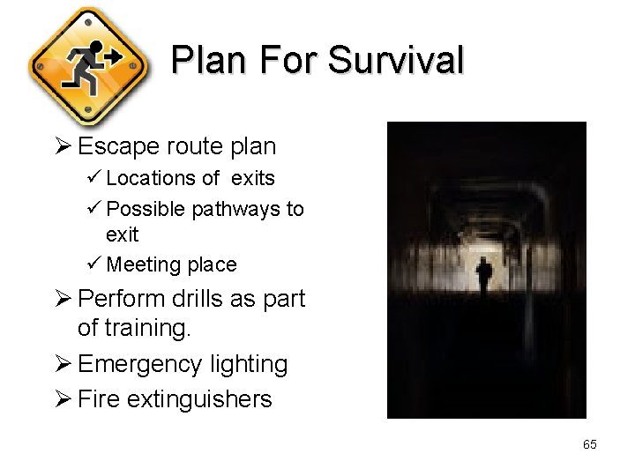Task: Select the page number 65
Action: pos(589,444)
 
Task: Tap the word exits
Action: pos(253,178)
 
